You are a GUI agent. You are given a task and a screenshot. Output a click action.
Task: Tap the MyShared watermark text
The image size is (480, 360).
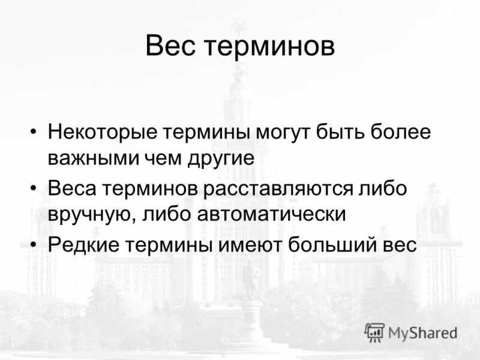tap(422, 332)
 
